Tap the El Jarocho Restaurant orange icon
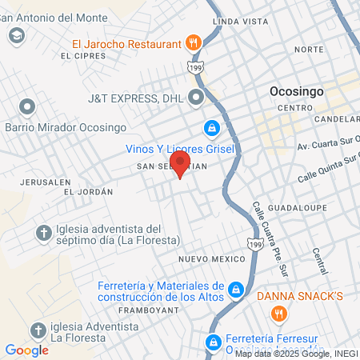click(192, 42)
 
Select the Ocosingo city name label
click(297, 91)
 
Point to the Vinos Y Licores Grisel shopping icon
click(211, 127)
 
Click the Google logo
click(26, 350)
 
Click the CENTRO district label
click(295, 107)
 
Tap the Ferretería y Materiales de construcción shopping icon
click(236, 289)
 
